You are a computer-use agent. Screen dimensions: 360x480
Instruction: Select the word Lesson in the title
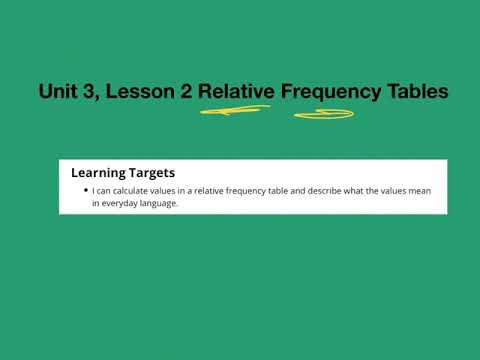pos(131,92)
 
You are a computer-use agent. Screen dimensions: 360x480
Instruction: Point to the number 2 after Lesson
pos(181,92)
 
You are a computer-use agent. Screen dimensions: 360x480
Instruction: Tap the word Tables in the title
pos(419,92)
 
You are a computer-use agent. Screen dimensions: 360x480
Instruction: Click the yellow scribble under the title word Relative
pos(236,111)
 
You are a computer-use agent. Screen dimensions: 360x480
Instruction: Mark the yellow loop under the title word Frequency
pos(323,114)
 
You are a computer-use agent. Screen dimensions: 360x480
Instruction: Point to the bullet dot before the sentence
pos(87,191)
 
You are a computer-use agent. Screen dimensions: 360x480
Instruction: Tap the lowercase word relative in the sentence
pos(204,191)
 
